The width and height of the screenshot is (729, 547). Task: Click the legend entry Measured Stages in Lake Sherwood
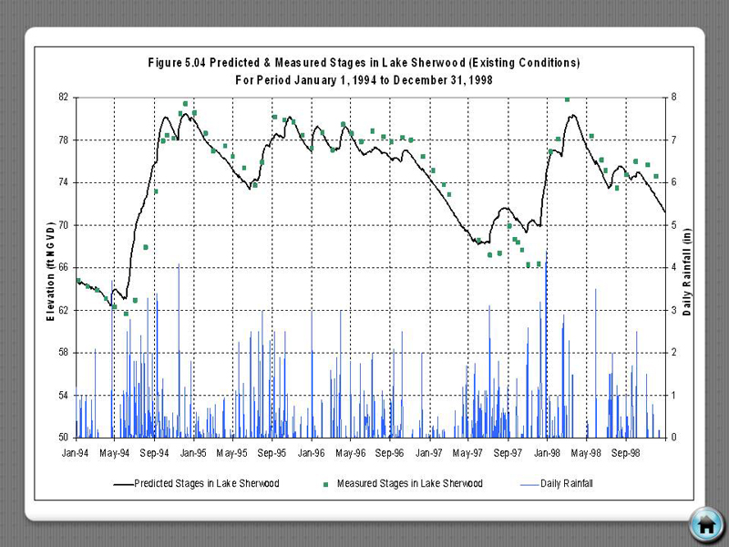pos(409,483)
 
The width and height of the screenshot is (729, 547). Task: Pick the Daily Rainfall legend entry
pos(566,483)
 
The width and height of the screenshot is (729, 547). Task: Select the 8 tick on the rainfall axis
pos(673,97)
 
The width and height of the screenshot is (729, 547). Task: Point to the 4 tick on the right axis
pos(673,267)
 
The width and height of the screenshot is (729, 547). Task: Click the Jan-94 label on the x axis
pos(77,451)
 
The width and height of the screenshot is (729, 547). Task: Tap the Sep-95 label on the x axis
pos(272,451)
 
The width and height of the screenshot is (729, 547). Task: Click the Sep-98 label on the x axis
pos(626,451)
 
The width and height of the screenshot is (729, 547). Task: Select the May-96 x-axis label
pos(351,451)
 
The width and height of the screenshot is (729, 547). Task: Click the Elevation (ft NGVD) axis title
pos(51,267)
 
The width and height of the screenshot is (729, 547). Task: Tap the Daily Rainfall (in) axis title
pos(687,267)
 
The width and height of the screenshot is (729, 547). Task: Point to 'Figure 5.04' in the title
pos(180,63)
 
